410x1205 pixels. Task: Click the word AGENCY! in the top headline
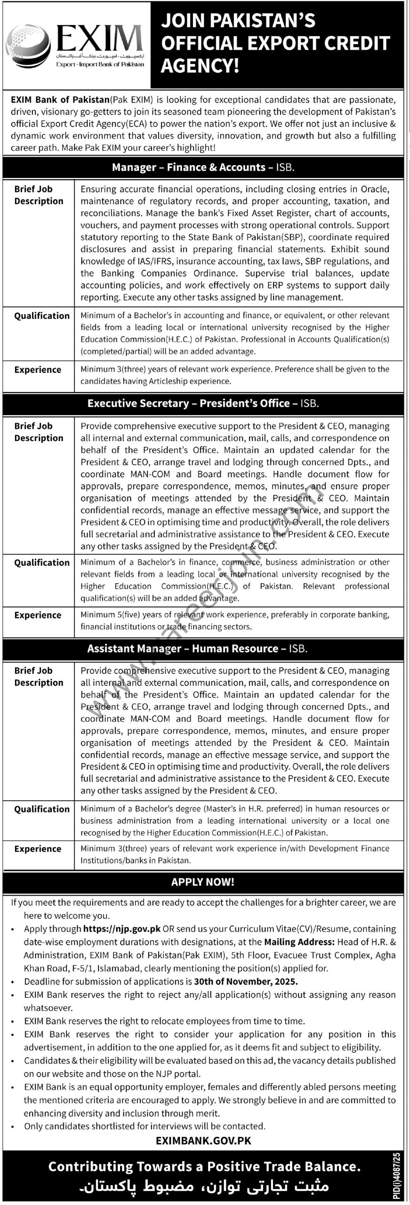click(200, 66)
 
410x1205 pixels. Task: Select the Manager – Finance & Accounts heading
click(203, 167)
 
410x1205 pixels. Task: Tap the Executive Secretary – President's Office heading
click(203, 403)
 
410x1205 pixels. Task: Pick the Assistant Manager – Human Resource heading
click(197, 648)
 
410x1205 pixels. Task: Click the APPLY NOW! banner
click(203, 882)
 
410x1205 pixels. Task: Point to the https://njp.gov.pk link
click(122, 929)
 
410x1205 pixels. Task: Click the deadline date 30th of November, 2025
click(246, 981)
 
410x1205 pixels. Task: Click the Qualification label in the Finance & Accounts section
click(41, 316)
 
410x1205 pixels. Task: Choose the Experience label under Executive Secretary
click(38, 615)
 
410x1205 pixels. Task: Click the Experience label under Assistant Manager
click(38, 849)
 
